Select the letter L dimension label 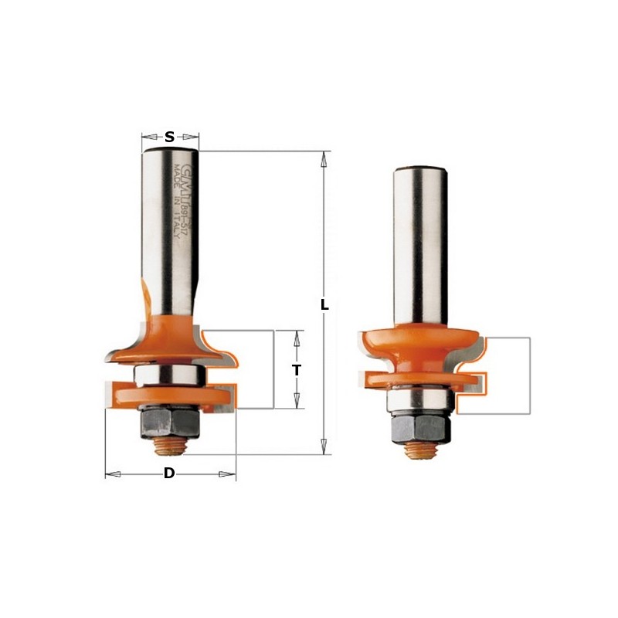[325, 305]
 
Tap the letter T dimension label [296, 370]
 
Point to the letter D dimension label [168, 474]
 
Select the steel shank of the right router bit [421, 239]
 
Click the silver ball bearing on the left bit [169, 375]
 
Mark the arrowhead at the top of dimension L [325, 158]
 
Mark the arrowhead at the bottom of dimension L [325, 447]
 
